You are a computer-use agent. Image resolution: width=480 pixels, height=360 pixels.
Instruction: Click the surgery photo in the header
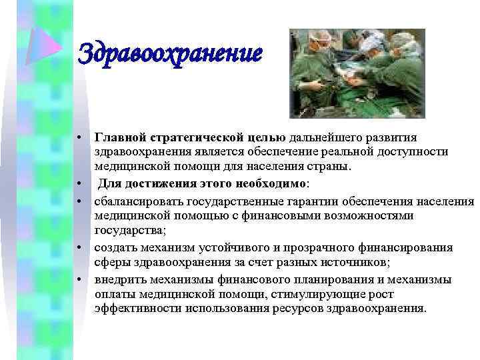[x=357, y=73]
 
